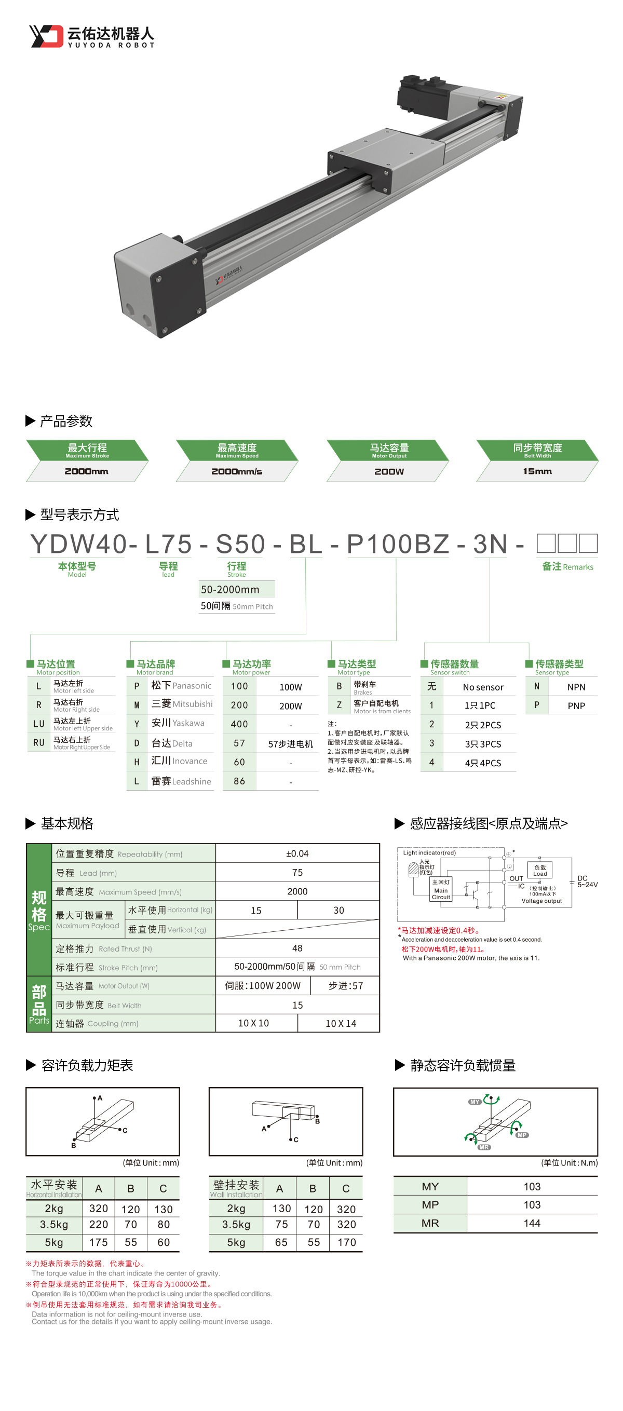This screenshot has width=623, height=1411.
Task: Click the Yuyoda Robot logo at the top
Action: pyautogui.click(x=92, y=36)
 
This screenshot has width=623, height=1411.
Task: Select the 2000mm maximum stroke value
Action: pyautogui.click(x=86, y=471)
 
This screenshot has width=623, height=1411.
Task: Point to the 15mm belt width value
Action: pyautogui.click(x=536, y=471)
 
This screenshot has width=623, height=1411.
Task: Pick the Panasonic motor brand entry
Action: pyautogui.click(x=181, y=686)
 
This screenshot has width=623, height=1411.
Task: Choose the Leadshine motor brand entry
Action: pyautogui.click(x=181, y=781)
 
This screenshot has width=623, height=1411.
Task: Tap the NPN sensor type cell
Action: pyautogui.click(x=576, y=687)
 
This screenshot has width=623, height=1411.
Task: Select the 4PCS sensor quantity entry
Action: pyautogui.click(x=482, y=763)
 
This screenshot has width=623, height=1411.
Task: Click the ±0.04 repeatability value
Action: pyautogui.click(x=297, y=853)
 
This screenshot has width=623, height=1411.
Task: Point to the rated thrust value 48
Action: pyautogui.click(x=297, y=948)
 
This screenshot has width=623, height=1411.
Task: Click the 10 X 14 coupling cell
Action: pyautogui.click(x=340, y=1023)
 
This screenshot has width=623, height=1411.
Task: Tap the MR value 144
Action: pyautogui.click(x=532, y=1223)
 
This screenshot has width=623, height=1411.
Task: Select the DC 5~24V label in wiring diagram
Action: pyautogui.click(x=587, y=881)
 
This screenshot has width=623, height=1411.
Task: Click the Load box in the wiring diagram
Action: pyautogui.click(x=540, y=871)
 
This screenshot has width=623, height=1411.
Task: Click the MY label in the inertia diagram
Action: pyautogui.click(x=475, y=1102)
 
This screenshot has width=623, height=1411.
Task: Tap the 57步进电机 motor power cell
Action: pyautogui.click(x=290, y=744)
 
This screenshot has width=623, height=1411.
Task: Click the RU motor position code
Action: pyautogui.click(x=38, y=743)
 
